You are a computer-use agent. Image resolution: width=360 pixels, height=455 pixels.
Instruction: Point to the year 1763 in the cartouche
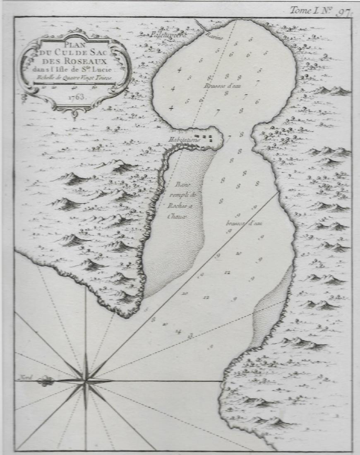point(75,98)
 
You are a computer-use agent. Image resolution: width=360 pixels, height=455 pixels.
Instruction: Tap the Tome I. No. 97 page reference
point(318,10)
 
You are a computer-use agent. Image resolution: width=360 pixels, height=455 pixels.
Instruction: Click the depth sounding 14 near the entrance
point(178,331)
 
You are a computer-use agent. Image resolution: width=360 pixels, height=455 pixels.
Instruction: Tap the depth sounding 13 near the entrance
point(190,335)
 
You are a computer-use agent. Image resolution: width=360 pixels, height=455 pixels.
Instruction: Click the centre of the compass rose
point(86,381)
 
